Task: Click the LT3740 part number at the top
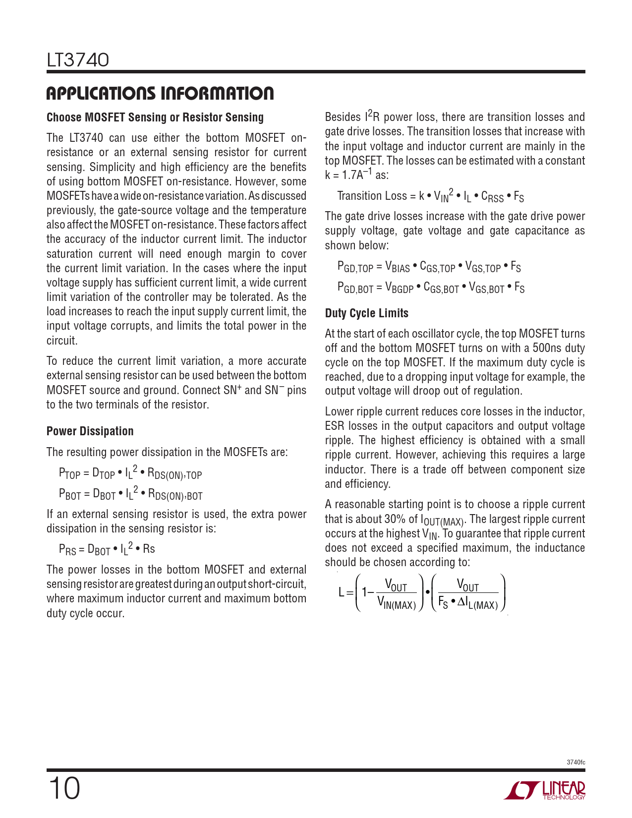[x=78, y=60]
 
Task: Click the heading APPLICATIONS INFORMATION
[x=160, y=93]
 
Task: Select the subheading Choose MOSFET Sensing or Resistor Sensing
[x=155, y=117]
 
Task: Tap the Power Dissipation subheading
[x=90, y=431]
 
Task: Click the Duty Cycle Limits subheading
[x=366, y=313]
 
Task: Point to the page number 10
[x=64, y=788]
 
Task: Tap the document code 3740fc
[x=575, y=762]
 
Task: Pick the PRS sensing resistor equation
[x=107, y=549]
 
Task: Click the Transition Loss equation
[x=430, y=196]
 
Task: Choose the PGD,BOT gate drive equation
[x=430, y=288]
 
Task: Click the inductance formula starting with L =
[x=422, y=593]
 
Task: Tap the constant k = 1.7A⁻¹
[x=348, y=175]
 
